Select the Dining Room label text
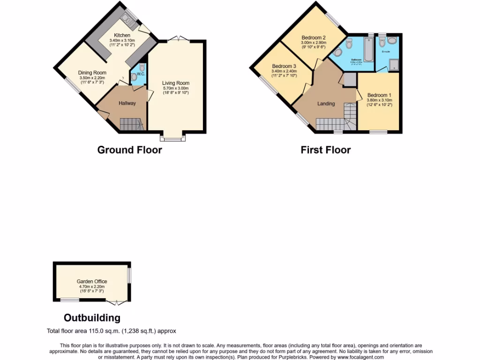92,73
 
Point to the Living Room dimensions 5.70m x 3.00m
176,88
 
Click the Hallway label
127,103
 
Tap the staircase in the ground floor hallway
131,124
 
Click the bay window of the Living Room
172,138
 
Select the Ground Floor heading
129,150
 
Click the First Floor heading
325,150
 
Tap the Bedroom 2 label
314,38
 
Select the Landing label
326,104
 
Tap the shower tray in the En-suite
393,65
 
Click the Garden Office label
92,281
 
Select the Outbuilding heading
92,317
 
